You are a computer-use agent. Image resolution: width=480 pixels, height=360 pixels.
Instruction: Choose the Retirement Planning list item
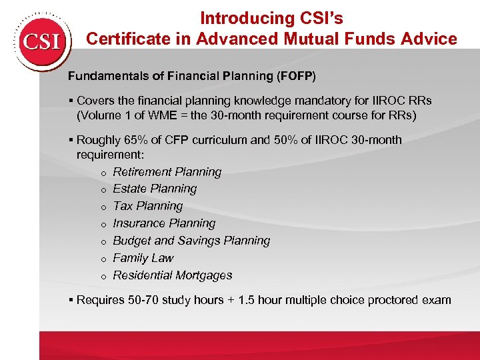point(167,172)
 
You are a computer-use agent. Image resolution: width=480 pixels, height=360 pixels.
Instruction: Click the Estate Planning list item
point(155,189)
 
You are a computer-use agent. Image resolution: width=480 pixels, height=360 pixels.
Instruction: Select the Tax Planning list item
point(147,207)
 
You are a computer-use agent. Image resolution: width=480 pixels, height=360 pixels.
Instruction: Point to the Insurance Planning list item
point(164,224)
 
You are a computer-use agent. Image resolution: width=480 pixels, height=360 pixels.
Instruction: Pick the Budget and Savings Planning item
point(191,241)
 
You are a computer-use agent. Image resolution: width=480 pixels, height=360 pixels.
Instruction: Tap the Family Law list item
point(143,259)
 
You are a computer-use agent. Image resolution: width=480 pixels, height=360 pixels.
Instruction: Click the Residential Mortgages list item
point(173,276)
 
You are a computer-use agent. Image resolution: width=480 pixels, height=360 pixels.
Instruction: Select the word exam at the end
point(437,300)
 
